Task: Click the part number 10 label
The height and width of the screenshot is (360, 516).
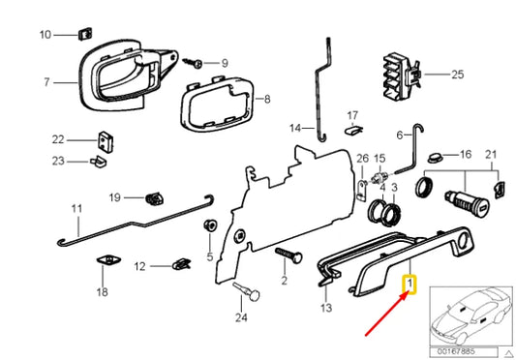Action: pyautogui.click(x=45, y=35)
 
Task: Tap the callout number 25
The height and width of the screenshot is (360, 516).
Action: pyautogui.click(x=457, y=74)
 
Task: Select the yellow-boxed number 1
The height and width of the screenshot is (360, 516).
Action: pyautogui.click(x=410, y=285)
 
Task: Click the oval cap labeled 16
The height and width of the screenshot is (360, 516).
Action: pyautogui.click(x=434, y=155)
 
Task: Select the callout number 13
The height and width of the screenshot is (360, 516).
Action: pyautogui.click(x=326, y=307)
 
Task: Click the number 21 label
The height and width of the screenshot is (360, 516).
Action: pyautogui.click(x=490, y=155)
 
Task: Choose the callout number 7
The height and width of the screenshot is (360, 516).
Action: pyautogui.click(x=45, y=82)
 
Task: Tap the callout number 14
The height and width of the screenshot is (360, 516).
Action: pyautogui.click(x=294, y=127)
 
